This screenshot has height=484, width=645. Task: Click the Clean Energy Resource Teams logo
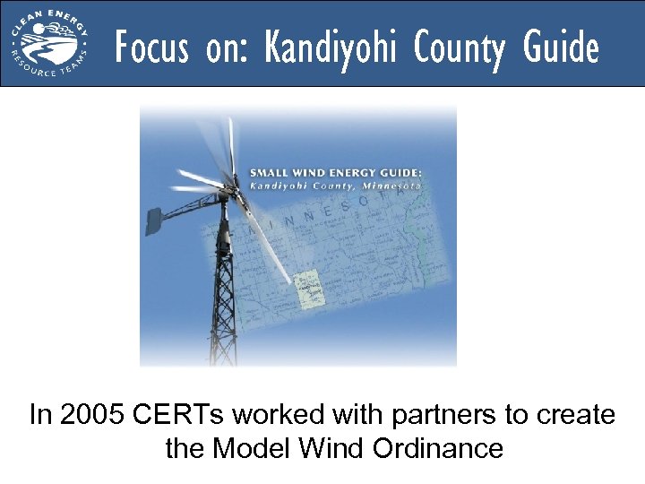50,43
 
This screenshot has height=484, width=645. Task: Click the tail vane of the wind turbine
153,220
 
